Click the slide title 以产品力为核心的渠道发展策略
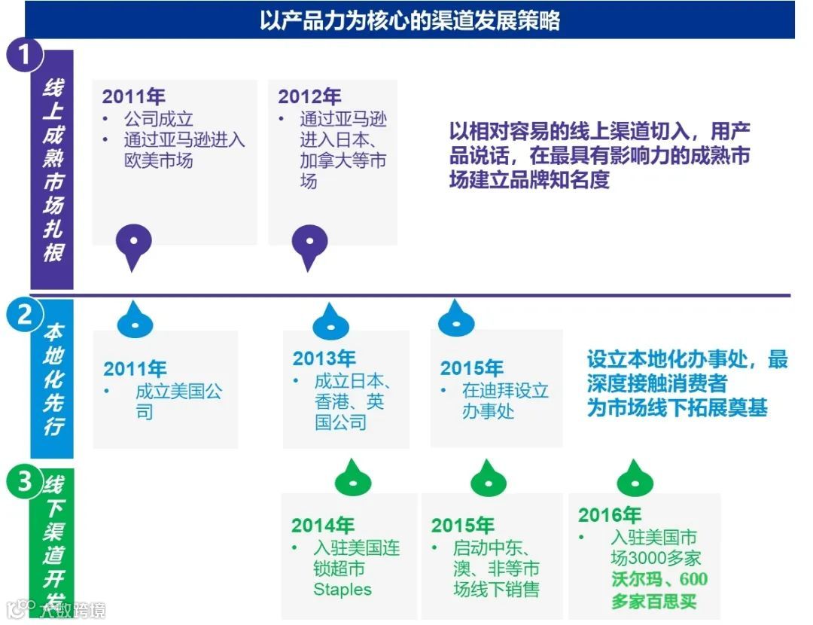(x=410, y=20)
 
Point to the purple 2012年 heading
(x=309, y=96)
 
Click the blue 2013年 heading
(x=324, y=358)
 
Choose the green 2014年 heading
(x=323, y=525)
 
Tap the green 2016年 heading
(x=610, y=515)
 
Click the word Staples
(x=343, y=589)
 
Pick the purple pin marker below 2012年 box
(x=309, y=245)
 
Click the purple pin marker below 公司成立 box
(x=134, y=245)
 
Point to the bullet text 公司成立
(x=159, y=119)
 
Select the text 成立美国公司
(x=179, y=401)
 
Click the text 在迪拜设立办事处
(x=505, y=401)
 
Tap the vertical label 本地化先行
(x=52, y=379)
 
